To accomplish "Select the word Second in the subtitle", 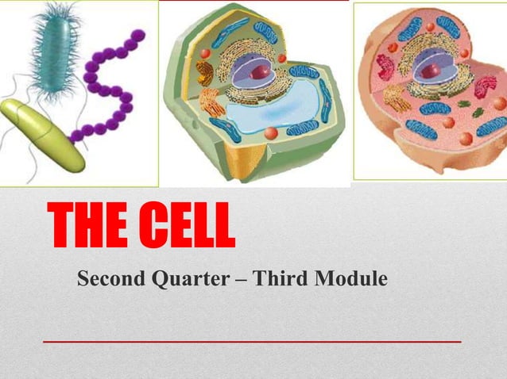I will (x=104, y=279).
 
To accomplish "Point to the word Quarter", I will (x=178, y=280).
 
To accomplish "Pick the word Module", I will (x=349, y=279).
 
